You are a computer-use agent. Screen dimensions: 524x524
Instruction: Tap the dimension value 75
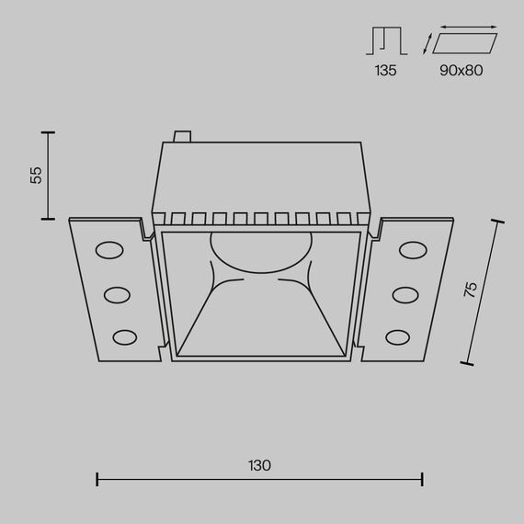470,289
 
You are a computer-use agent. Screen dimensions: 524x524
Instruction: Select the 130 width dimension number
259,465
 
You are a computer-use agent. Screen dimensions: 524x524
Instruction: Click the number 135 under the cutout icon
385,70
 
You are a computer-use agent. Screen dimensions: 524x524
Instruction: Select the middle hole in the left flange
117,294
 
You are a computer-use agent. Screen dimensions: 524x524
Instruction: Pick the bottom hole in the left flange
122,336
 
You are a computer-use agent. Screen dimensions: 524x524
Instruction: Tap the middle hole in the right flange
404,294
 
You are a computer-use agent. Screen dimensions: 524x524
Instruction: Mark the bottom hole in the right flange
399,336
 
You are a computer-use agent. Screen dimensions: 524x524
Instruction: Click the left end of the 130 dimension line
97,479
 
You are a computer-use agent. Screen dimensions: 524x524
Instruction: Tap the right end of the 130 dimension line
422,479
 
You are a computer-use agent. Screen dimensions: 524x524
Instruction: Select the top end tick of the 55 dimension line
46,131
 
